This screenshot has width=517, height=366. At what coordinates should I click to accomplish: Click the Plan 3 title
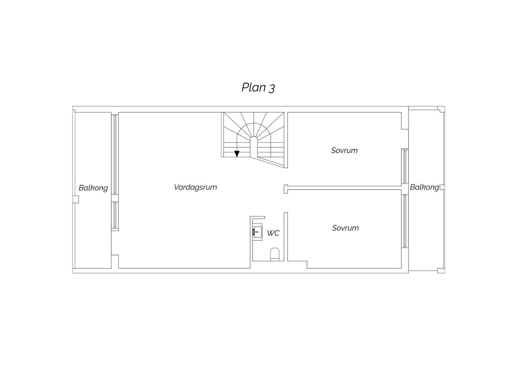pyautogui.click(x=258, y=87)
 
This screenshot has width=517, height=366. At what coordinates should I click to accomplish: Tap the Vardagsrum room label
pyautogui.click(x=195, y=187)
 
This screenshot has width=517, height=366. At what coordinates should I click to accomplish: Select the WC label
pyautogui.click(x=273, y=233)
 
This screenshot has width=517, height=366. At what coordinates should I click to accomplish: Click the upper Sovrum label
pyautogui.click(x=344, y=151)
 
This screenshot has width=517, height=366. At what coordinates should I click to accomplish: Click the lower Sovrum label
pyautogui.click(x=345, y=228)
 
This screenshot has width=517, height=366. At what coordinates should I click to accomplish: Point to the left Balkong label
pyautogui.click(x=93, y=188)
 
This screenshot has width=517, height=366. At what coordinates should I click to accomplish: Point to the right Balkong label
pyautogui.click(x=425, y=187)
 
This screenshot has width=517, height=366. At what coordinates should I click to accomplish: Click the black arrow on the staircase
pyautogui.click(x=237, y=154)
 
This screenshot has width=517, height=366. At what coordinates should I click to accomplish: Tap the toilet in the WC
pyautogui.click(x=275, y=254)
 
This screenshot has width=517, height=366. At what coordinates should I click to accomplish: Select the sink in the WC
pyautogui.click(x=257, y=232)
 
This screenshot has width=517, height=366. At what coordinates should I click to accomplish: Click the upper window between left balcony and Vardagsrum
pyautogui.click(x=115, y=154)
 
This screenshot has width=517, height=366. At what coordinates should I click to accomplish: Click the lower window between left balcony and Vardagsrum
pyautogui.click(x=115, y=216)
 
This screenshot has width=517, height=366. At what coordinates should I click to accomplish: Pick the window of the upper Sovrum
pyautogui.click(x=405, y=166)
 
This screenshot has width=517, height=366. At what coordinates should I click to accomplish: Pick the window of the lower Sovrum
pyautogui.click(x=405, y=221)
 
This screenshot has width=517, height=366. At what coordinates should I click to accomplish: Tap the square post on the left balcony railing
pyautogui.click(x=76, y=199)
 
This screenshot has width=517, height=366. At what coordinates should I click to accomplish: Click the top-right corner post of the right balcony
pyautogui.click(x=441, y=109)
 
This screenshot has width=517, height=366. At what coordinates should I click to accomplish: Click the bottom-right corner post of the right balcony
pyautogui.click(x=441, y=271)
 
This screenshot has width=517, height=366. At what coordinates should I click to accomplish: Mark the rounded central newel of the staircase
pyautogui.click(x=254, y=147)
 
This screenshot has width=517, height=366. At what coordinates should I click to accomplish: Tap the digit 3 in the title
pyautogui.click(x=272, y=88)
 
